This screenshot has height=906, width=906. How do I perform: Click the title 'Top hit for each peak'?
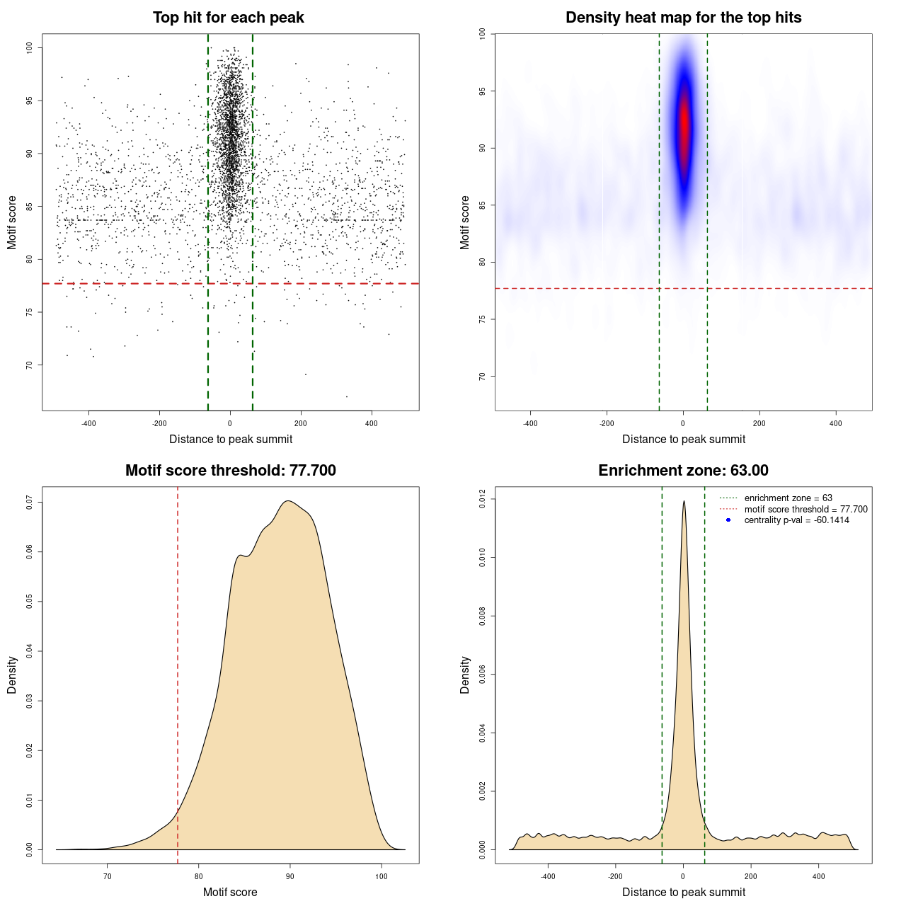coord(228,18)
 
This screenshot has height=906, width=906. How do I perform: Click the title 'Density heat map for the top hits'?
coord(683,18)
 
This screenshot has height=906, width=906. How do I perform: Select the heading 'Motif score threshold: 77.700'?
coord(230,471)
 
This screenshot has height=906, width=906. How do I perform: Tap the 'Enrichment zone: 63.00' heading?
coord(683,471)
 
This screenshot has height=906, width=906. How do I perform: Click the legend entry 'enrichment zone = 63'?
coord(788,498)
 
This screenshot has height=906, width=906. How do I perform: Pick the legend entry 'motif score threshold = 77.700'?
coord(805,510)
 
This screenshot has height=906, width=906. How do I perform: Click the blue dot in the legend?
coord(728,520)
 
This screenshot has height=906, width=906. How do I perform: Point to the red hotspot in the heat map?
coord(684,124)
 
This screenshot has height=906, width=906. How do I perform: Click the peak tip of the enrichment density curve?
coord(684,501)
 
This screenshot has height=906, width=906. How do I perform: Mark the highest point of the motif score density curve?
coord(288,501)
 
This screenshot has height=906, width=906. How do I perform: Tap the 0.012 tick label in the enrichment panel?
coord(483,499)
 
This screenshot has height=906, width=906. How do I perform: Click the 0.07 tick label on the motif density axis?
coord(30,503)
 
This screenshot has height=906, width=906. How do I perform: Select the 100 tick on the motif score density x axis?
coord(382,876)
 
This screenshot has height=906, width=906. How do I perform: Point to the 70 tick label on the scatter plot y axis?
coord(30,365)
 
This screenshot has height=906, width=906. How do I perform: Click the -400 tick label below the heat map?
coord(530,423)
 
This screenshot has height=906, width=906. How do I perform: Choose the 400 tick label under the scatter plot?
coord(371,423)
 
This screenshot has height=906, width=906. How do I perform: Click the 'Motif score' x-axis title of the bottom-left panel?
coord(230,892)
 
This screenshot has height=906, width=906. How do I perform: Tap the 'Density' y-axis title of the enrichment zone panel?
coord(465,675)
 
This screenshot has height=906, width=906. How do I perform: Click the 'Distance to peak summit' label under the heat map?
coord(683,439)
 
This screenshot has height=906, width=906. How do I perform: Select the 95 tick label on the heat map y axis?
coord(483,91)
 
